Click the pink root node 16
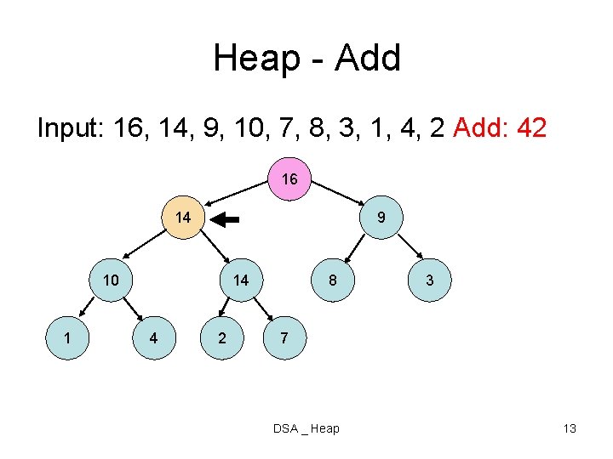point(289,179)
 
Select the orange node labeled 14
point(182,218)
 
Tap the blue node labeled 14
point(241,280)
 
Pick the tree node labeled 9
point(382,218)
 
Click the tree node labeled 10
point(111,280)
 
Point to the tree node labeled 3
point(430,280)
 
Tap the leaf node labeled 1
point(67,337)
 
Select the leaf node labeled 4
point(153,337)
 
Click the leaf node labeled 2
point(222,337)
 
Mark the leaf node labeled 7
point(284,337)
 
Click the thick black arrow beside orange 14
point(226,219)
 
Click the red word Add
point(477,128)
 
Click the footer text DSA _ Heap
point(306,428)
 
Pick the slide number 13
point(570,428)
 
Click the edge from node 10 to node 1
point(85,306)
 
